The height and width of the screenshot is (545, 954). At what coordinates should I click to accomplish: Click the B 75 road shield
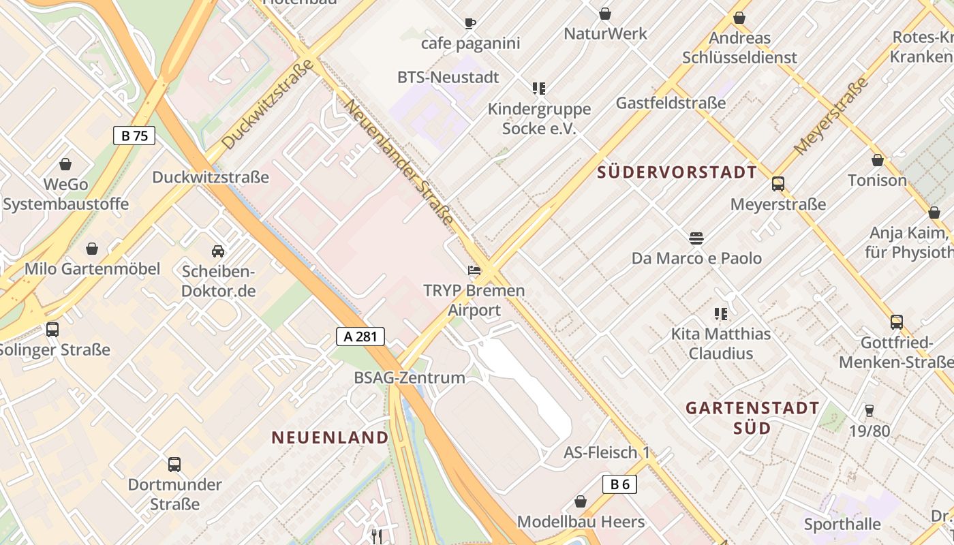point(134,136)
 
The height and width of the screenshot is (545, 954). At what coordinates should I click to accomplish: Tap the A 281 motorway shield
point(360,336)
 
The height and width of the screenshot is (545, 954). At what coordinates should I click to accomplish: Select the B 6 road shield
point(619,484)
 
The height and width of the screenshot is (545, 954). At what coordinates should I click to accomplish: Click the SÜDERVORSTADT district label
point(677,172)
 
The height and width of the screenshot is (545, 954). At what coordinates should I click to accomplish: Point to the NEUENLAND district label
point(330,437)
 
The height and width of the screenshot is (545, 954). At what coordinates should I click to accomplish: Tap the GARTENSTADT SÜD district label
point(752,418)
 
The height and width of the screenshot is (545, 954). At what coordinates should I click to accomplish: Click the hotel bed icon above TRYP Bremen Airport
point(474,270)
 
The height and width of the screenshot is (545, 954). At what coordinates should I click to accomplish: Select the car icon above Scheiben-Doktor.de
point(218,251)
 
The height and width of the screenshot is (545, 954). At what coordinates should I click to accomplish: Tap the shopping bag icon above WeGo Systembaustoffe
point(65,164)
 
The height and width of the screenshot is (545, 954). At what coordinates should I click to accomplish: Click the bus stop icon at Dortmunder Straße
point(174,465)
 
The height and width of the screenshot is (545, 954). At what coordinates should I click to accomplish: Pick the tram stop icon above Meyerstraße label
point(778,184)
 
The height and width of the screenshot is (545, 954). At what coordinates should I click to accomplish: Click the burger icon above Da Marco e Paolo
point(696,238)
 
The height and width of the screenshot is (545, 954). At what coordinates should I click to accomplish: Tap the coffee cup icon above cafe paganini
point(470,24)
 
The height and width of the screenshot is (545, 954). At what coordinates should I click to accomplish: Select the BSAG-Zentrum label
point(410,377)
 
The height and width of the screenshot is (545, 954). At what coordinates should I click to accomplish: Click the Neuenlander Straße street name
point(399,162)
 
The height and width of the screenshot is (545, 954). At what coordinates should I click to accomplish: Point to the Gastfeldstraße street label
point(671,103)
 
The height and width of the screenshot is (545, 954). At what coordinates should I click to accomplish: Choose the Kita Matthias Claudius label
point(721,343)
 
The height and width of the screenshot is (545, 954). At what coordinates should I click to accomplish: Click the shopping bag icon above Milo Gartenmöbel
point(92,249)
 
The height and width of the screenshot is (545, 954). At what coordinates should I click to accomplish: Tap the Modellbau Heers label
point(581,522)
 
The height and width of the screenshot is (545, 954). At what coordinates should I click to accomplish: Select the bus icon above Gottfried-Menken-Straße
point(897,322)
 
